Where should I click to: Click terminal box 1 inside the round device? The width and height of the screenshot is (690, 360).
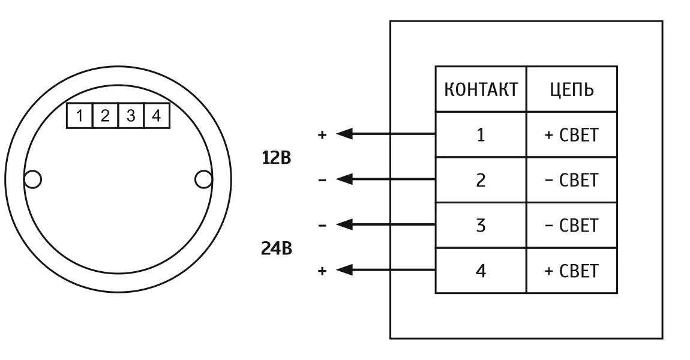click(78, 116)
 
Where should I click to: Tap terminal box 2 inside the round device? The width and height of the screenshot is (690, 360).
click(104, 116)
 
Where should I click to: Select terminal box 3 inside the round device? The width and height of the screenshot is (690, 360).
click(130, 116)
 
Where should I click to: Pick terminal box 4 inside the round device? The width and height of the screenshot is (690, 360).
click(156, 116)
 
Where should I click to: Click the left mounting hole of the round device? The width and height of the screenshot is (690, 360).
click(32, 179)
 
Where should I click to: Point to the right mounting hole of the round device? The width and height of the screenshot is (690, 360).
click(204, 179)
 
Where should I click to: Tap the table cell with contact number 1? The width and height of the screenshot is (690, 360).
click(481, 134)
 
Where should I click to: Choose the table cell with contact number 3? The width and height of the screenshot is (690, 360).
click(481, 226)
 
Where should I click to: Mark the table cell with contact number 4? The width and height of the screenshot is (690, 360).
click(481, 271)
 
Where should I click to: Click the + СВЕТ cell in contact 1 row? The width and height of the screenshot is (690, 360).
click(572, 134)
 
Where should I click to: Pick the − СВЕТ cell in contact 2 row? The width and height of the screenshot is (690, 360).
click(572, 180)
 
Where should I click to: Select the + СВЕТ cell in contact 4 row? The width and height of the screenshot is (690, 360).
click(572, 271)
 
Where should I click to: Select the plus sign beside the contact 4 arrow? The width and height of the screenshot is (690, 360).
click(322, 271)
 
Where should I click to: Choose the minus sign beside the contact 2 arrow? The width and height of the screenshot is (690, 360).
click(322, 179)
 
